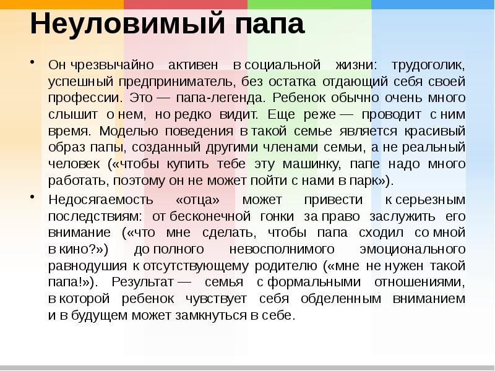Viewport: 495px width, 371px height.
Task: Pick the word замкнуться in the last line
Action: pyautogui.click(x=217, y=315)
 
